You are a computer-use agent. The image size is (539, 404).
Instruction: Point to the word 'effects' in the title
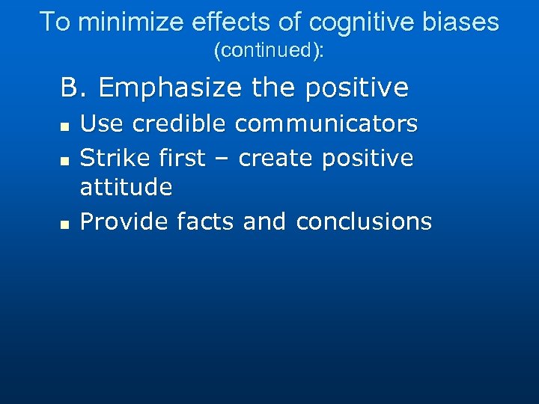219,22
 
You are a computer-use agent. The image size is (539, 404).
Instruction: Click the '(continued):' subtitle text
269,51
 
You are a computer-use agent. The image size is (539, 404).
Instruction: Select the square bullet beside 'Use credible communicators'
65,126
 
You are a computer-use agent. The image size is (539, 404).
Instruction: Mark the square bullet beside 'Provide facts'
65,224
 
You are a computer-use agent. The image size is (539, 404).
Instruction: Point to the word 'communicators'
326,123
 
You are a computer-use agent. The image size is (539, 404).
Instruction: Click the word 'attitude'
126,187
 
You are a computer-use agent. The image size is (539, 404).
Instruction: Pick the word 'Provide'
124,221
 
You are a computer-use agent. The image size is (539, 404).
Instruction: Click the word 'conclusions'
364,221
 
